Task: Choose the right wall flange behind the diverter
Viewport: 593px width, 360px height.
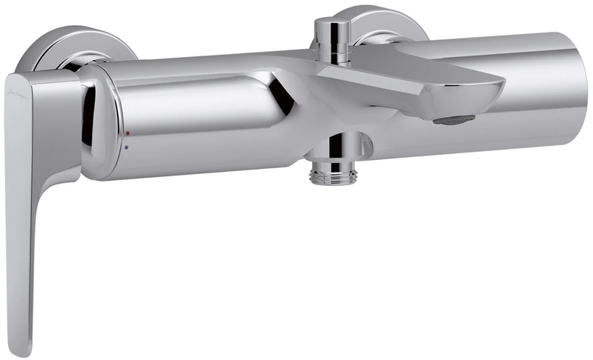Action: click(385, 22)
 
